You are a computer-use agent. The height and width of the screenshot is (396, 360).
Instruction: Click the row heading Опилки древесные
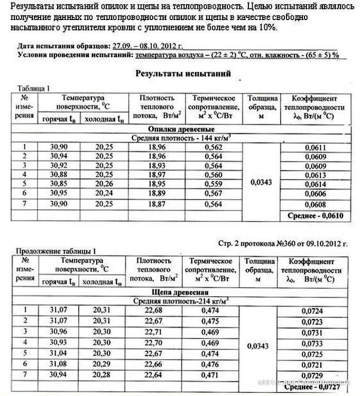point(181,129)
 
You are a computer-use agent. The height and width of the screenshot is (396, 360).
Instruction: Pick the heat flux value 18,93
point(154,165)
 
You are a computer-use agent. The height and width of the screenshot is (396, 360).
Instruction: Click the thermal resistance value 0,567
point(214,193)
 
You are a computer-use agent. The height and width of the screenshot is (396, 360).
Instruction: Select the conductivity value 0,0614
point(315,184)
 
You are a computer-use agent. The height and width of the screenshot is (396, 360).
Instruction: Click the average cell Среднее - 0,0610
point(315,216)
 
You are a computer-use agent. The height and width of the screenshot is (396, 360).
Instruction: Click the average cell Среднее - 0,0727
point(316,386)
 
